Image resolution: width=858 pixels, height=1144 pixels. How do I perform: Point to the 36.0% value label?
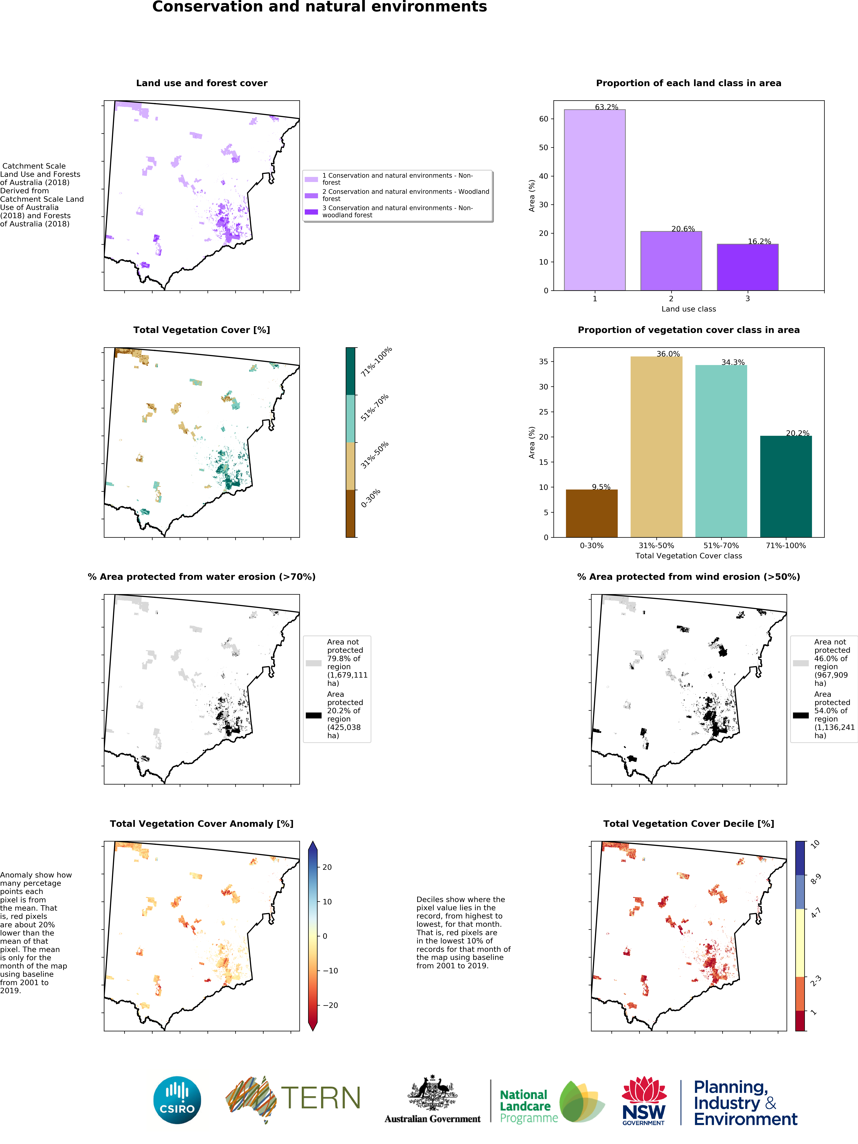click(x=668, y=354)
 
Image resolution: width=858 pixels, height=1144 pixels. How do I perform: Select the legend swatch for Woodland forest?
click(x=311, y=195)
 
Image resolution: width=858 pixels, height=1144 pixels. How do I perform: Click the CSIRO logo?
click(x=177, y=1100)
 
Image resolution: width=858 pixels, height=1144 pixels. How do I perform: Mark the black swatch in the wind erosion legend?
click(x=801, y=715)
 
